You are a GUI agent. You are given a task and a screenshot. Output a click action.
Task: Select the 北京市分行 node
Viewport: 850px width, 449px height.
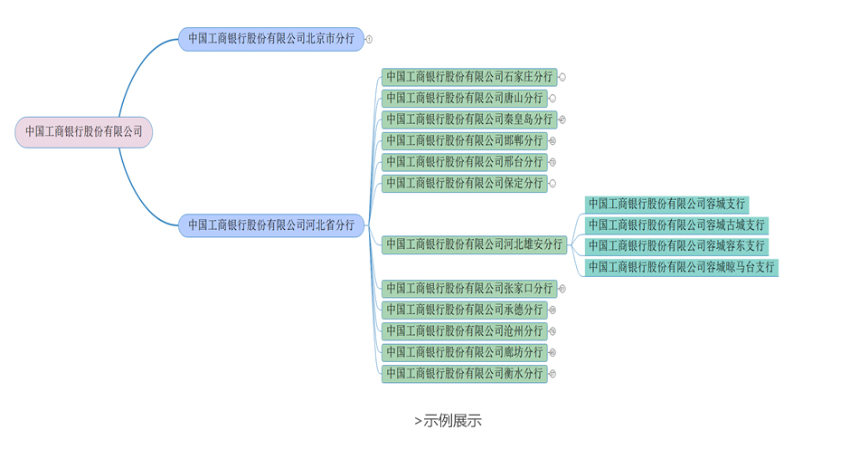coord(271,39)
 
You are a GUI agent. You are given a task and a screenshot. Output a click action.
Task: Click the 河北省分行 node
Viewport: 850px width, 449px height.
coord(271,225)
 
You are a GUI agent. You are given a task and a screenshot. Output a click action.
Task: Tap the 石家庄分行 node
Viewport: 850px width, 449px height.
coord(467,77)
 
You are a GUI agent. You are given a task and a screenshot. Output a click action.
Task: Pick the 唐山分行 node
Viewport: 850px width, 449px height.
coord(463,98)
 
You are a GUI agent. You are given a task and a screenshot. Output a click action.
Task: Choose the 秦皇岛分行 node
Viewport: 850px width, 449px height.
coord(467,119)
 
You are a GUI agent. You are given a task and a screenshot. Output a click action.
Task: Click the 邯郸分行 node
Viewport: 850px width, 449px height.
coord(463,140)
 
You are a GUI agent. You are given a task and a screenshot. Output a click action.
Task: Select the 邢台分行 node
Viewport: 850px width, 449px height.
coord(463,162)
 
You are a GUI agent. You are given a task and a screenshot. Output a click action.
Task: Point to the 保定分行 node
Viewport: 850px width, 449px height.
coord(463,183)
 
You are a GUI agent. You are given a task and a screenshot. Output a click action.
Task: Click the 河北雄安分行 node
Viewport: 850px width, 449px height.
coord(473,244)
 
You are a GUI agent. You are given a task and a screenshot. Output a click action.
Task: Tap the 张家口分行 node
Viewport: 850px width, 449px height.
coord(467,289)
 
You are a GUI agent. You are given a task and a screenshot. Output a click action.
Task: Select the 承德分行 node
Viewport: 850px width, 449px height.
coord(463,310)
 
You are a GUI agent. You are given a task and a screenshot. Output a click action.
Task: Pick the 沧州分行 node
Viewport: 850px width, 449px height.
coord(463,331)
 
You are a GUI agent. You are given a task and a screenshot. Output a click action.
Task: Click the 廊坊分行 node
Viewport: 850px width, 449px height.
coord(463,352)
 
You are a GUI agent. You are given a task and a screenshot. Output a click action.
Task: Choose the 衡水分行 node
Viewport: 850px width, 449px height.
coord(463,373)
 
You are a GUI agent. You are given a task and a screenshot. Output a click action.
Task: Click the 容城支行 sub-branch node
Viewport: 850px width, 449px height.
coord(667,204)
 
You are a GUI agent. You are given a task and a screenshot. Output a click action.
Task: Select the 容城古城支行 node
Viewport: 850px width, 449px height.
coord(676,224)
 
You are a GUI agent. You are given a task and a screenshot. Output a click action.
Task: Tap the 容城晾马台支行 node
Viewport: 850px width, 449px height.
coord(681,267)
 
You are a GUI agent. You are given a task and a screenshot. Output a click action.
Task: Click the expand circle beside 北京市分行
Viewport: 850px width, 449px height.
coord(369,39)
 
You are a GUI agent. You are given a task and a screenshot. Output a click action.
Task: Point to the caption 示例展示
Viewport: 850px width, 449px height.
coord(448,421)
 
